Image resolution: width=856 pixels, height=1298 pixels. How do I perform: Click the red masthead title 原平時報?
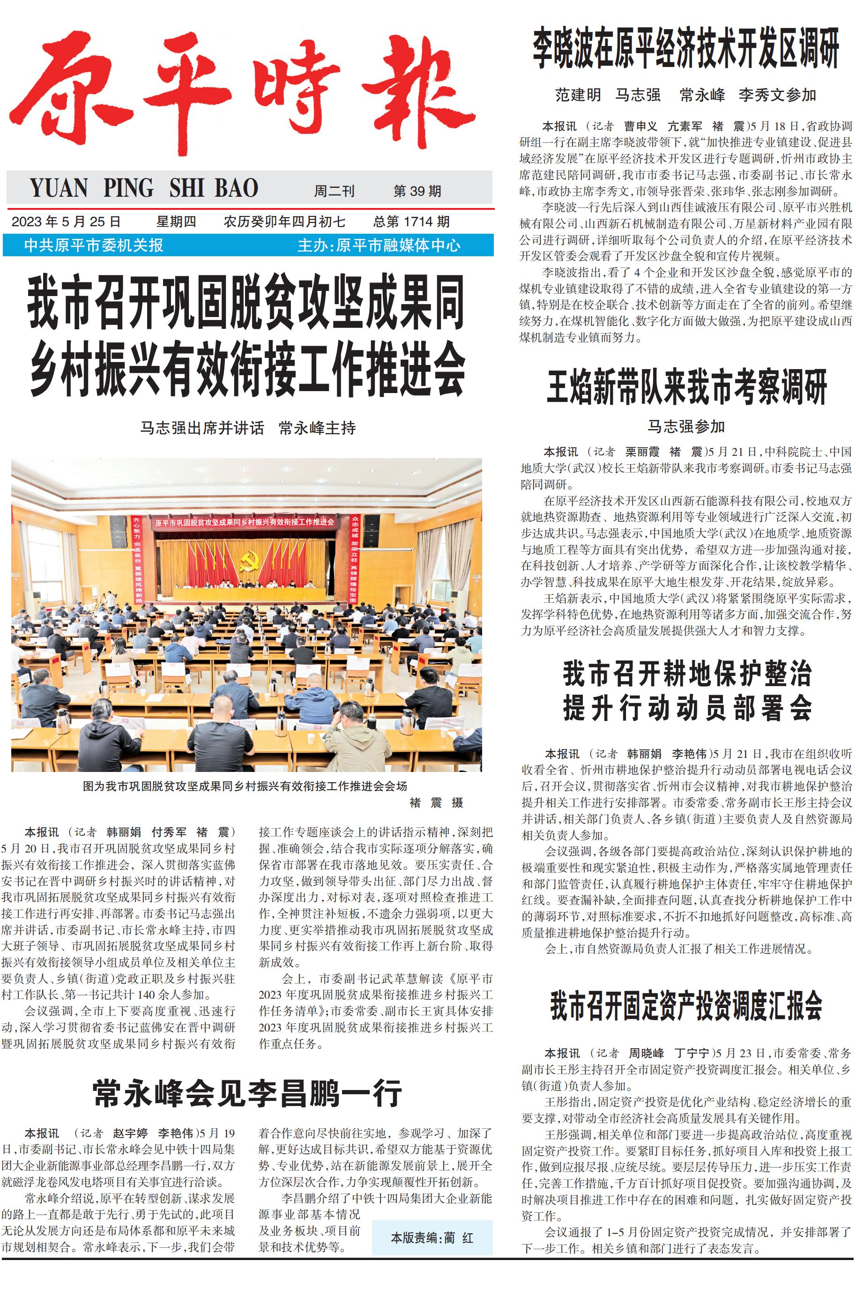243,93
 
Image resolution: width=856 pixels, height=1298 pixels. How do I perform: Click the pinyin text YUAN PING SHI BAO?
143,188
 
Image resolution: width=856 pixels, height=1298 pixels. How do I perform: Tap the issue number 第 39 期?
417,191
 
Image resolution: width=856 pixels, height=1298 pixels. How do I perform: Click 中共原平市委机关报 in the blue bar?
93,245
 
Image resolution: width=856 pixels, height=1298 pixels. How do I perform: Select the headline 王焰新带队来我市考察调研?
687,387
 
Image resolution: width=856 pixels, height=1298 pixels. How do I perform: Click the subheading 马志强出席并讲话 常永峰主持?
248,427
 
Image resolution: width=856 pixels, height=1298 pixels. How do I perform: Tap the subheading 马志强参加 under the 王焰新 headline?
686,426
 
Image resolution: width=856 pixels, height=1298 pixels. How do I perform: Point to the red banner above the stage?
244,522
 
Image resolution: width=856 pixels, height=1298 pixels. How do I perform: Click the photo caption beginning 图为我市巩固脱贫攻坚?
245,786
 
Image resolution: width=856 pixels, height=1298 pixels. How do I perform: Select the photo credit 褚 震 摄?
436,802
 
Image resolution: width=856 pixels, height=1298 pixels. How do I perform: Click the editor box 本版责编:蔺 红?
432,1238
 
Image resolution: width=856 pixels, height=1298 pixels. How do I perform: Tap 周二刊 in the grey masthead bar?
334,191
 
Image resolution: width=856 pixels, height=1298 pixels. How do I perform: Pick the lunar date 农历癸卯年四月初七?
284,222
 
